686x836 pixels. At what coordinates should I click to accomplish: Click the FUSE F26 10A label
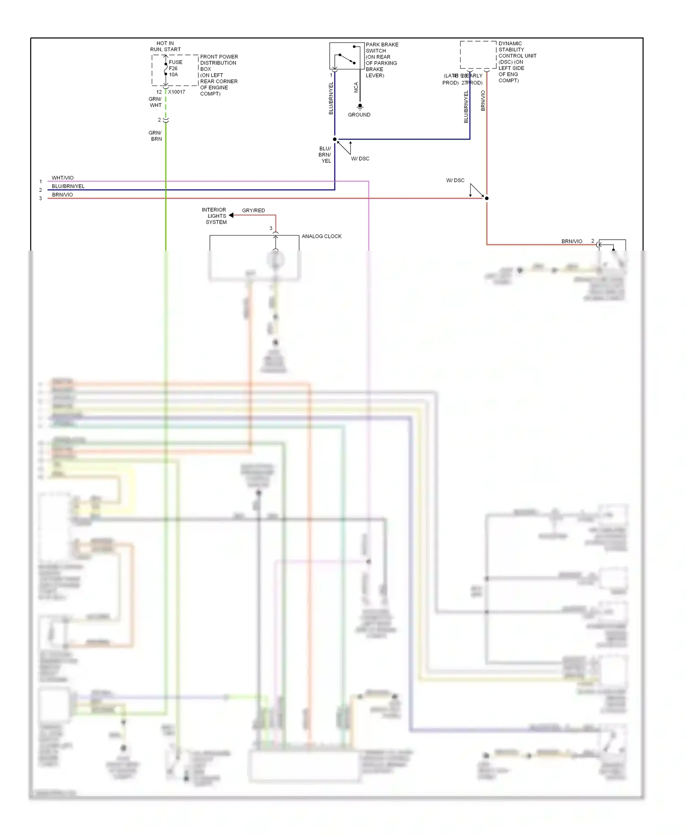[175, 69]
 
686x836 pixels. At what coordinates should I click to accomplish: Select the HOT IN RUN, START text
[165, 46]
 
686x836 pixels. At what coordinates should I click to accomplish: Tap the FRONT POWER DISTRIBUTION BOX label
[219, 75]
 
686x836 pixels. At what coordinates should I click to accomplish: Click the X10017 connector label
[177, 92]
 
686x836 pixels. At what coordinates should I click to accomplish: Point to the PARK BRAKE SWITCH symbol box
[346, 56]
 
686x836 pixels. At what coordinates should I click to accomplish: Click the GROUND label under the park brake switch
[359, 115]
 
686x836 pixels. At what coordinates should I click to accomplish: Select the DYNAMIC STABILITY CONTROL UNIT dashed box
[478, 55]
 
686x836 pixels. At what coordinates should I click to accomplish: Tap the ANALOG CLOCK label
[322, 236]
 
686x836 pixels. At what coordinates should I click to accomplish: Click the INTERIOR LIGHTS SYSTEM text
[215, 216]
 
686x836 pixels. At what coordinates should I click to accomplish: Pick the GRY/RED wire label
[253, 210]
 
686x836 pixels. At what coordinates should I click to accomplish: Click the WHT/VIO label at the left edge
[63, 178]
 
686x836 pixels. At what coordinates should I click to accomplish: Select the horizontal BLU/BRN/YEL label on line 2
[68, 187]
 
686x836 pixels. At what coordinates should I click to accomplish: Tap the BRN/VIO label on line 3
[63, 195]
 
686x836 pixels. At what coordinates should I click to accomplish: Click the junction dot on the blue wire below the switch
[335, 139]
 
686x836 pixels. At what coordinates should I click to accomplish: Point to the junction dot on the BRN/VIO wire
[487, 198]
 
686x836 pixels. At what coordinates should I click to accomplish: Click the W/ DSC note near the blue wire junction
[360, 159]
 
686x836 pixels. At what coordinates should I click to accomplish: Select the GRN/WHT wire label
[155, 102]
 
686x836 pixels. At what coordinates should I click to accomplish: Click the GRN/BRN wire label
[155, 136]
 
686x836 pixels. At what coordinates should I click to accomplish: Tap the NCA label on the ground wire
[356, 87]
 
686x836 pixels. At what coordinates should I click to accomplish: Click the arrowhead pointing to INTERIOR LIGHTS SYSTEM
[231, 215]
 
